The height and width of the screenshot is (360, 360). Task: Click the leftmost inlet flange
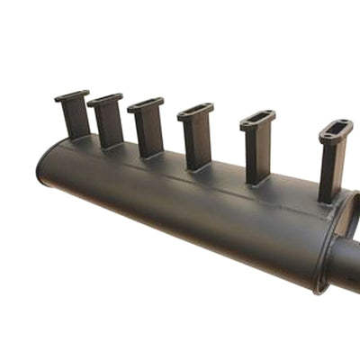pos(72,94)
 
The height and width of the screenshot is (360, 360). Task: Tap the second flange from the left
pos(105,98)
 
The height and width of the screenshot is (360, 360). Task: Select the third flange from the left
pos(145,104)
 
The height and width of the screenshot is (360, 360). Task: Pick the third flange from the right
pos(195,111)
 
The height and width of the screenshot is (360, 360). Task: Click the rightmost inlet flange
pos(336,132)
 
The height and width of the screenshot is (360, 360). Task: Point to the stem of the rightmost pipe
pos(331,171)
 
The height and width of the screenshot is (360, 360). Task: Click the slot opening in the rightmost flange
pos(337,130)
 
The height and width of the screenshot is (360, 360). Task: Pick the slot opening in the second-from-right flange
pos(258,118)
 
